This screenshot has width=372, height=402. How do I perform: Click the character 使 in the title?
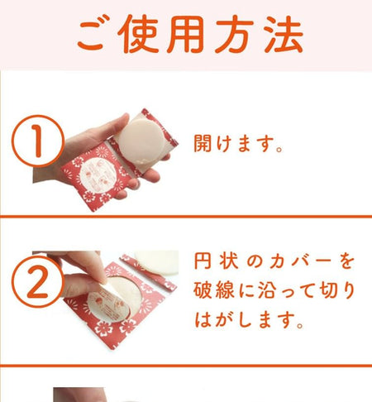coord(138,33)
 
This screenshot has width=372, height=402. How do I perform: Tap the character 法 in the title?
coord(284,34)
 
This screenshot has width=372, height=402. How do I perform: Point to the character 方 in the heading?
coord(235,34)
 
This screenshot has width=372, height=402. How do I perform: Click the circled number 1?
coord(38,141)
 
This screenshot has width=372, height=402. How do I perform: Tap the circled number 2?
coord(38,282)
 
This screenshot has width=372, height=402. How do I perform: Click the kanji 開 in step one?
coord(203,143)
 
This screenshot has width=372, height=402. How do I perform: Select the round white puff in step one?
coord(142,141)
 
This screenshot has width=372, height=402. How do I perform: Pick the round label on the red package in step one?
coord(98,175)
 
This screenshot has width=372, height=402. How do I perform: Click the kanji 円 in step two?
coord(203,261)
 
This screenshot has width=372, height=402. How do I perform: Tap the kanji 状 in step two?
coord(229,261)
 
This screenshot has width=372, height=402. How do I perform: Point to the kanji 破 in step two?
coord(203,290)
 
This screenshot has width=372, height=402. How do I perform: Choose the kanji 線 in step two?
coord(225,290)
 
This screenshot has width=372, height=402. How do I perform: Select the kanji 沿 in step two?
coord(267,290)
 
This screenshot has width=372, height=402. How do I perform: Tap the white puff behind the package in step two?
coord(157,262)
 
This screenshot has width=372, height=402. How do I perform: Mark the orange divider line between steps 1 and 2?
coord(186,217)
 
